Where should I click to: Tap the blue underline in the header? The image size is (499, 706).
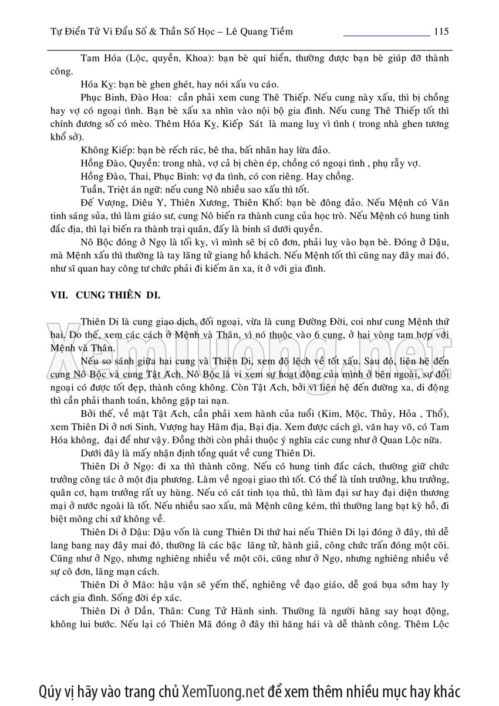pyautogui.click(x=386, y=36)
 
